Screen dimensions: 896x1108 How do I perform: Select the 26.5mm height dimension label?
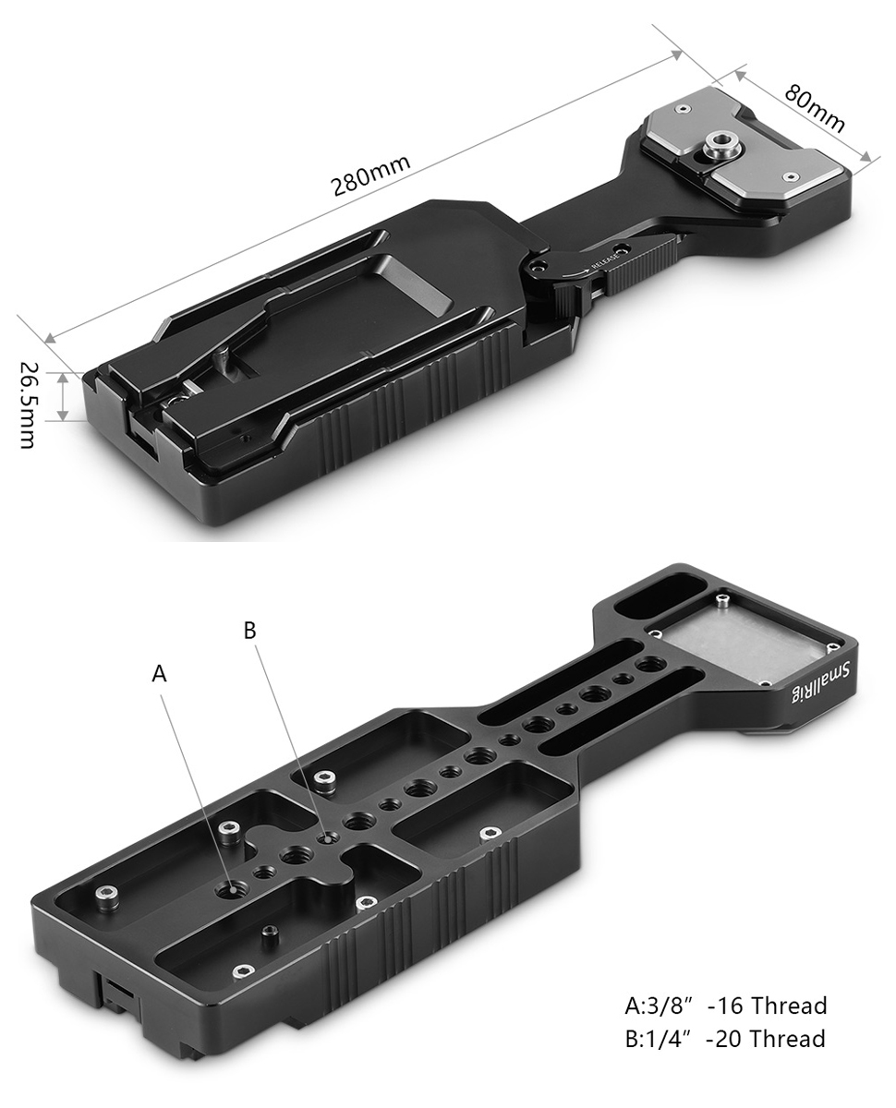(x=27, y=404)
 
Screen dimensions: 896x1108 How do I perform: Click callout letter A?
(x=159, y=674)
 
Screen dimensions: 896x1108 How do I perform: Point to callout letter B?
(x=250, y=630)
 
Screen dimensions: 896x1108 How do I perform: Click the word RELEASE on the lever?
(x=605, y=262)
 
